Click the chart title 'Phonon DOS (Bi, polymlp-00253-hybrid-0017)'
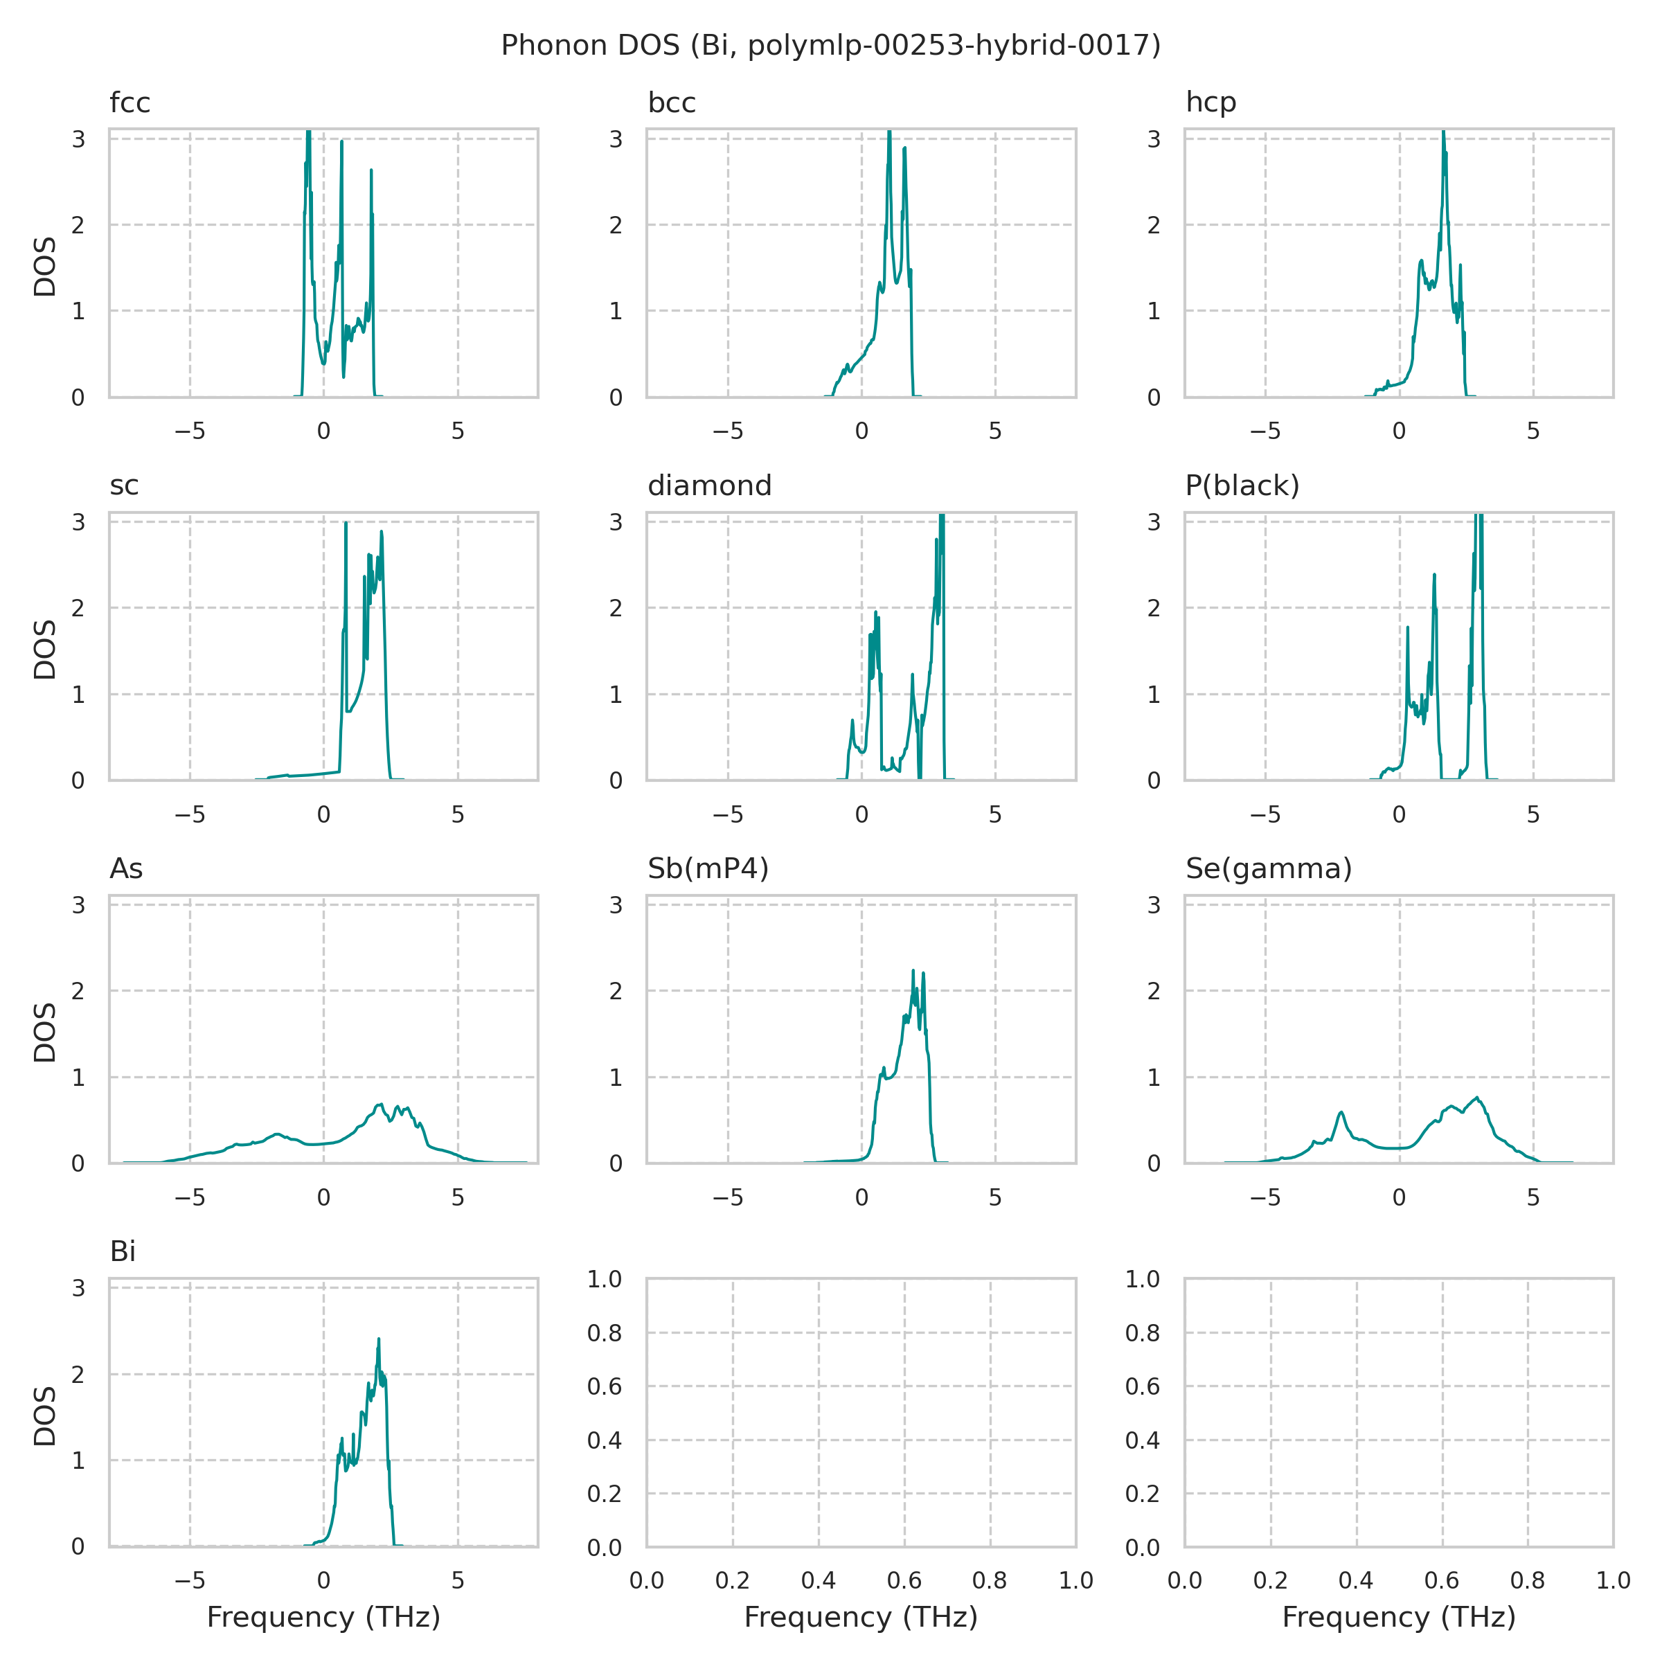pos(830,45)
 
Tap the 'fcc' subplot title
pos(130,103)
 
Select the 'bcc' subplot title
pos(671,103)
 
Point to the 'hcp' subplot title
pos(1210,102)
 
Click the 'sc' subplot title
pos(124,486)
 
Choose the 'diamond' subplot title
pos(709,486)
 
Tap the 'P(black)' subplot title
pos(1242,486)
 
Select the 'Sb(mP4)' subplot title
pos(708,869)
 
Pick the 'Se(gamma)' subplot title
pos(1269,869)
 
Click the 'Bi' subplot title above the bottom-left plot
pos(123,1251)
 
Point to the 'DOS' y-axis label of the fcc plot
pos(45,267)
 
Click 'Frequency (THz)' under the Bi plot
pos(323,1617)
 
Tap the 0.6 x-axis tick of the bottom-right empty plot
pos(1442,1581)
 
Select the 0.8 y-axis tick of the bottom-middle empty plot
pos(610,1333)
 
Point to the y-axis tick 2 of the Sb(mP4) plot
pos(616,991)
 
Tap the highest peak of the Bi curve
pos(379,1339)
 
